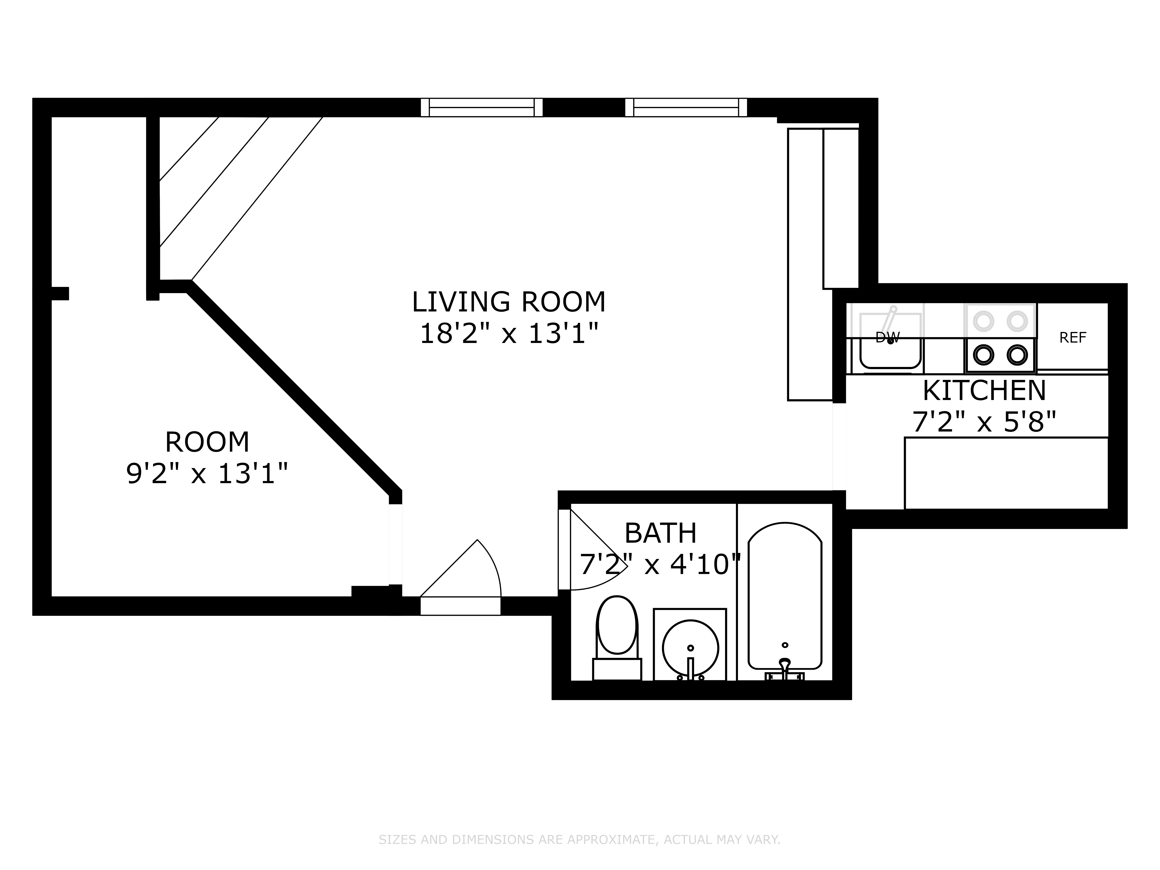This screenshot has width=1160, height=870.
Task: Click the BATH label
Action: point(660,533)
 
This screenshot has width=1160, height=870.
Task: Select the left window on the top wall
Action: point(481,107)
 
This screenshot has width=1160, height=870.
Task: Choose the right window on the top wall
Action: point(686,107)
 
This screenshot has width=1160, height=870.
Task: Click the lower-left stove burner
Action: point(983,355)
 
